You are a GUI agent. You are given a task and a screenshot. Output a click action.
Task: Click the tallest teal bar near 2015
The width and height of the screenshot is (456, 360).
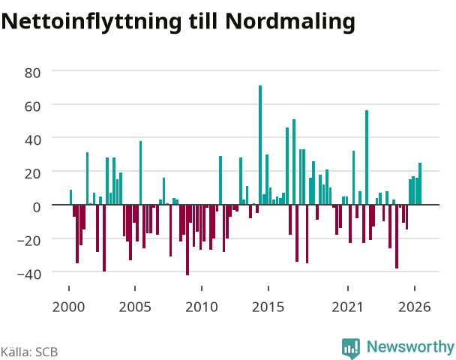[260, 145]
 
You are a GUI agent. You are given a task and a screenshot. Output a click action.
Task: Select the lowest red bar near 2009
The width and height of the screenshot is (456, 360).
[187, 240]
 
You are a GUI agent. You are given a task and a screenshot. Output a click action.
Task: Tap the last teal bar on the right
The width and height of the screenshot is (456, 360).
[420, 184]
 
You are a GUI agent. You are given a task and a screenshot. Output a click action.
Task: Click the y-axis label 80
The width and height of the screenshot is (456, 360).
[32, 73]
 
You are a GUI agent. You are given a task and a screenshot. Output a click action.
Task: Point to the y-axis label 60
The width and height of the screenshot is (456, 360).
[32, 106]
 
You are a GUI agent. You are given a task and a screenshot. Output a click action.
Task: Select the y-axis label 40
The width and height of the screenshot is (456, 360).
[32, 139]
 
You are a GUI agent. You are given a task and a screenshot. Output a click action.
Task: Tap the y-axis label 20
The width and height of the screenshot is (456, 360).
[32, 173]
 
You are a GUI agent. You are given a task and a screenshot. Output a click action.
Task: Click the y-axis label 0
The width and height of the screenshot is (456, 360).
[37, 207]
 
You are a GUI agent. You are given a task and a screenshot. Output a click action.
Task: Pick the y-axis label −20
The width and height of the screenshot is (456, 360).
[29, 241]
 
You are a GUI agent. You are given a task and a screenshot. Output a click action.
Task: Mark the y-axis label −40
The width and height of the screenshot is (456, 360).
[29, 274]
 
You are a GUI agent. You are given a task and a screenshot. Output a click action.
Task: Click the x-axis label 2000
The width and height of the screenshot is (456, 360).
[69, 307]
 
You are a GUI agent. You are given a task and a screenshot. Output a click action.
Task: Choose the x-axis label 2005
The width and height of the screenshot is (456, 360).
[135, 307]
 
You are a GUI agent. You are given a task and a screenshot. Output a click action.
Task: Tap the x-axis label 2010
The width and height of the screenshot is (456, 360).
[202, 307]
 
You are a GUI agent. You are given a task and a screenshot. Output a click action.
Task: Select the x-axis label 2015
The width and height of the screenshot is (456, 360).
[268, 307]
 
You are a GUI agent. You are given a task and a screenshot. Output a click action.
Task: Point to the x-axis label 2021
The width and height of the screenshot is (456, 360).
[348, 307]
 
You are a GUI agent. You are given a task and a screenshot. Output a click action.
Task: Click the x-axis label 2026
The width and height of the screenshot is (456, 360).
[415, 307]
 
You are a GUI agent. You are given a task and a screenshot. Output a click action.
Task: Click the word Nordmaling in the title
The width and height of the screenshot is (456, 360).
[290, 22]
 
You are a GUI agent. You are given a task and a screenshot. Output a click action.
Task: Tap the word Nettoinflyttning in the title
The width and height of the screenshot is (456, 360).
[91, 22]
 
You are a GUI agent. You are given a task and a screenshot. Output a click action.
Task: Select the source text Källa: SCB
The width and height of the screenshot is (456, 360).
[29, 352]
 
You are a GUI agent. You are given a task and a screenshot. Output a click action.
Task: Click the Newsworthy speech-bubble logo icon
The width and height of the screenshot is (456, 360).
[351, 348]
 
